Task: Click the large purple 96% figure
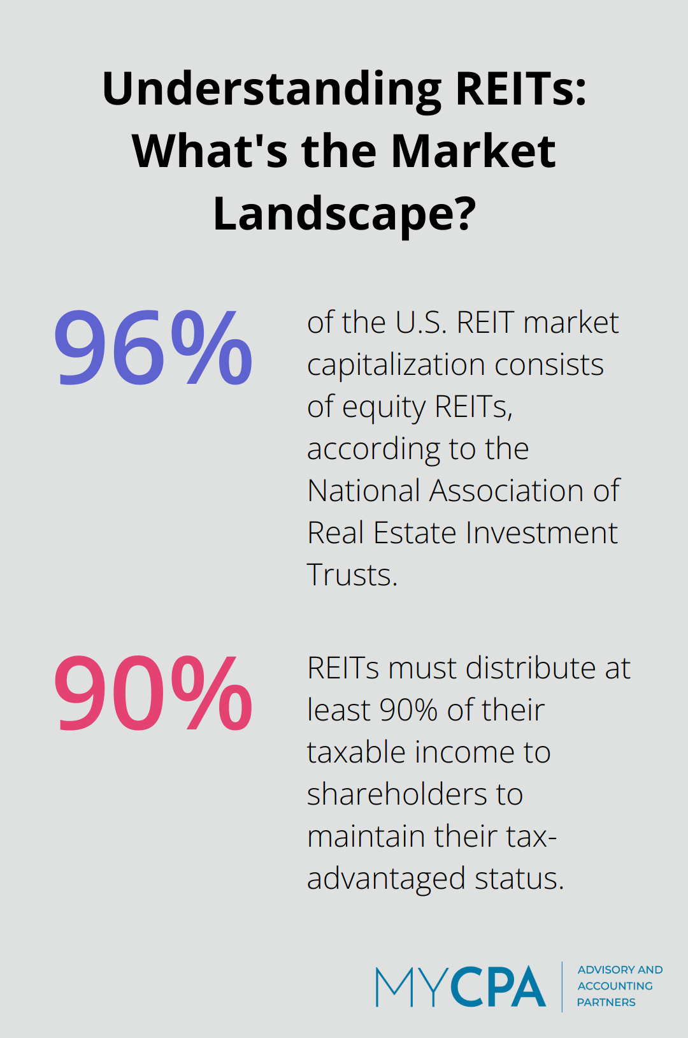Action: [153, 349]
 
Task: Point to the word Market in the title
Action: [473, 152]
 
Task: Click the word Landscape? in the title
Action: [345, 214]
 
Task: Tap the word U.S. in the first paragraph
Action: [420, 323]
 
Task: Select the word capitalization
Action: [396, 366]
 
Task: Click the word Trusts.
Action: [352, 575]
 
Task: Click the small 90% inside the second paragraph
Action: [408, 710]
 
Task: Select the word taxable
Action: [356, 752]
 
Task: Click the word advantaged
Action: [386, 879]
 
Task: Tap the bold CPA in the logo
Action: [499, 987]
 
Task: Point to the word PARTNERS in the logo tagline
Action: [606, 1002]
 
